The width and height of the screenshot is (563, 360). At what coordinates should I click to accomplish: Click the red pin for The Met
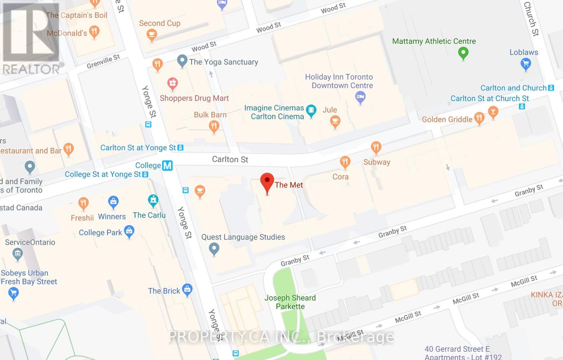[267, 181]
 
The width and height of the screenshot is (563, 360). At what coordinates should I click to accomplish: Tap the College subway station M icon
[167, 165]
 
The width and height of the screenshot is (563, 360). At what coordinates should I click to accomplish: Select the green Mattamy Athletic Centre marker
[463, 53]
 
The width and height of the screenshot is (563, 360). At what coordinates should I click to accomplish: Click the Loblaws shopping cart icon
[525, 64]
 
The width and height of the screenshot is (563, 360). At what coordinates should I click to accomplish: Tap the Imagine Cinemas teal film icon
[311, 111]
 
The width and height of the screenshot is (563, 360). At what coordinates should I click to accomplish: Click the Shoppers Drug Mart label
[194, 98]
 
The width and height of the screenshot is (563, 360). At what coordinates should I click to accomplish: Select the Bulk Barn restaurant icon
[214, 126]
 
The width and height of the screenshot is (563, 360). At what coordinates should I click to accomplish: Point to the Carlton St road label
[230, 159]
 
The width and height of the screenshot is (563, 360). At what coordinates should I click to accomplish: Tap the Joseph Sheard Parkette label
[290, 302]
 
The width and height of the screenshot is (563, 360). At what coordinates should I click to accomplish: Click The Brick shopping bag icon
[187, 290]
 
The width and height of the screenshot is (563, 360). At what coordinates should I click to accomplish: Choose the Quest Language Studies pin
[214, 249]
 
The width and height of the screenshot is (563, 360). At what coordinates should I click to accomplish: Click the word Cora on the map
[340, 177]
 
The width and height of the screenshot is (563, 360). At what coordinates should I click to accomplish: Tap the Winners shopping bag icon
[113, 202]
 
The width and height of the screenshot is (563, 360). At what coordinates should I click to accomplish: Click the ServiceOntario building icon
[18, 254]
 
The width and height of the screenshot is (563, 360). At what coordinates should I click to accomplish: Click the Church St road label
[531, 19]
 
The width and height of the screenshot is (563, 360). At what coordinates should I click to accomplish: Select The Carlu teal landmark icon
[153, 201]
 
